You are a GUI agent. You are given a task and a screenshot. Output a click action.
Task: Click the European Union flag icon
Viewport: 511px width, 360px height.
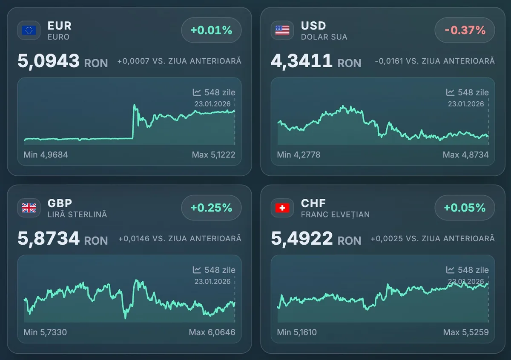point(29,30)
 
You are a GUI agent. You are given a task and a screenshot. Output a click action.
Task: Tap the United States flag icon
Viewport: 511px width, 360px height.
point(282,30)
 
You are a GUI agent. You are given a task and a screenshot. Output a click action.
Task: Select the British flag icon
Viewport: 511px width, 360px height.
point(29,208)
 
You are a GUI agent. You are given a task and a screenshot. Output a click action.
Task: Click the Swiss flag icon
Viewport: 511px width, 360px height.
point(282,208)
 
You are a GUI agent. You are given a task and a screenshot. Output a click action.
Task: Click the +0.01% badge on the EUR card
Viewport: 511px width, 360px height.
point(211,30)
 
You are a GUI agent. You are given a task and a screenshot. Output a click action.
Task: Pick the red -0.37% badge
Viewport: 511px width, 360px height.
point(465,30)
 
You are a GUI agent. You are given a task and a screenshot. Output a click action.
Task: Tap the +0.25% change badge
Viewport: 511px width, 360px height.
point(211,208)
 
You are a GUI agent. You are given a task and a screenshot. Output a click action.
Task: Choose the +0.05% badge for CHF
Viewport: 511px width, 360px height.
point(465,208)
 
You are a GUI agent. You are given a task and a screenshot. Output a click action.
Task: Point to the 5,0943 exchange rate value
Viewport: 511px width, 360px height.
point(49,61)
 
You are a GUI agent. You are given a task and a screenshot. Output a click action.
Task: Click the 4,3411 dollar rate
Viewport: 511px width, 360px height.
point(301,61)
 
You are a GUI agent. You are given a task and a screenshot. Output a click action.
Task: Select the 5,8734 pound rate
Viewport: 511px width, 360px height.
point(49,238)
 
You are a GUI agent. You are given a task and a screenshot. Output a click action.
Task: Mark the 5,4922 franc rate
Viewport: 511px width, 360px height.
point(301,238)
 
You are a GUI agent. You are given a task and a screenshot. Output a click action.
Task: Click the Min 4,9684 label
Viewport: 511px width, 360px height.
point(46,154)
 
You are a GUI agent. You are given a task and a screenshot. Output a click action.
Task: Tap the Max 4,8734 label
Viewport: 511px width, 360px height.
point(465,154)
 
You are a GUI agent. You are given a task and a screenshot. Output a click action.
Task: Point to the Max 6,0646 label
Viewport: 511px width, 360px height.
point(212,332)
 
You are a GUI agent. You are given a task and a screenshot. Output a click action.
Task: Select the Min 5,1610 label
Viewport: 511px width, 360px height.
point(297,332)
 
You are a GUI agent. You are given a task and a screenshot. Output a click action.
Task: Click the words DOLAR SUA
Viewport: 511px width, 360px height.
point(324,37)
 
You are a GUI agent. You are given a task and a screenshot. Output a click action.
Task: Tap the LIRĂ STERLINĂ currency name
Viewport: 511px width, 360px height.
point(77,214)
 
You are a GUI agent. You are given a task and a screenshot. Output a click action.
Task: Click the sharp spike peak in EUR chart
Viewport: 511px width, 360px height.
point(135,105)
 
